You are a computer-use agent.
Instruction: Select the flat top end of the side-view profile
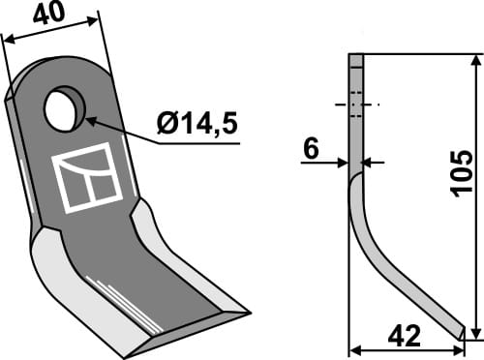click(356, 57)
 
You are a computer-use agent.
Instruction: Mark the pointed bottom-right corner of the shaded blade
click(249, 313)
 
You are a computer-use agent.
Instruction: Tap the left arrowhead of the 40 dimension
click(8, 40)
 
